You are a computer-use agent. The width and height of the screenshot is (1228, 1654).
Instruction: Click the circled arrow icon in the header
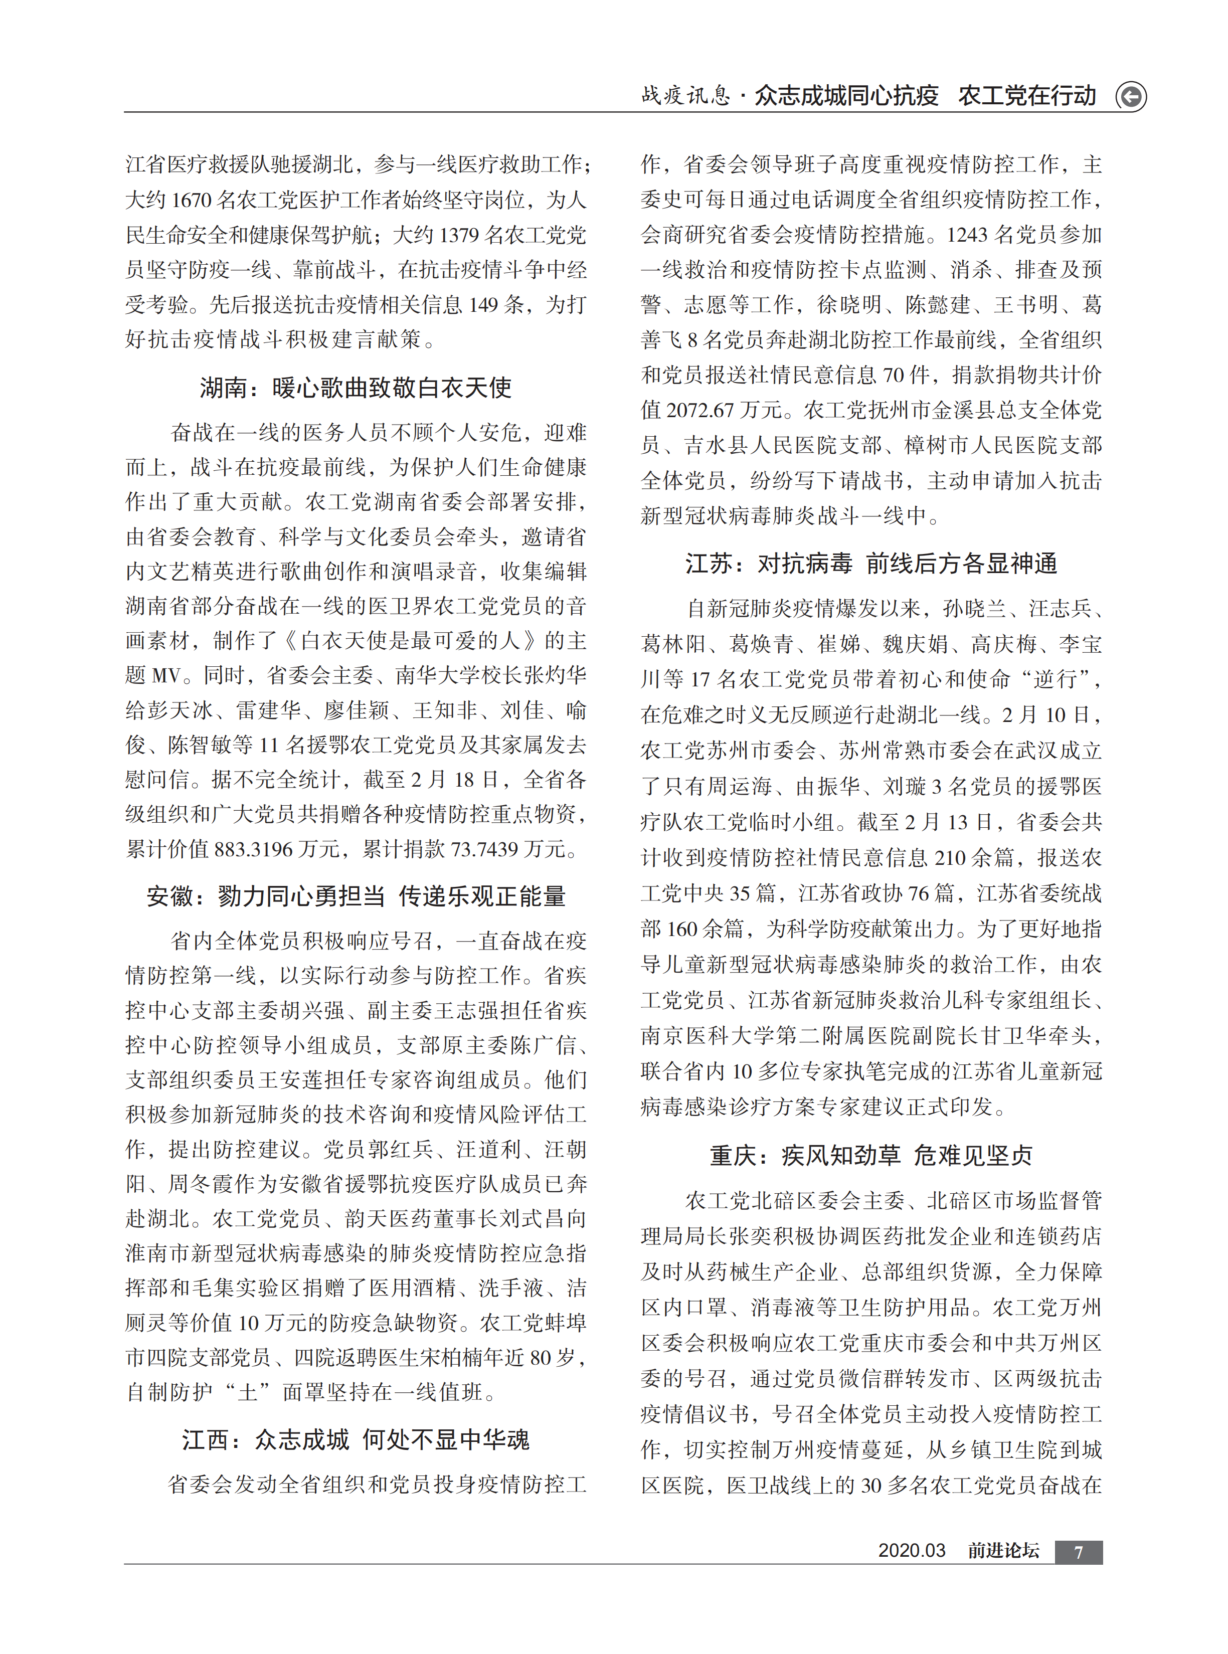coord(1131,97)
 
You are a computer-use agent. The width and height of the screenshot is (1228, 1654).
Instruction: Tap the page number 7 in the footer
coord(1078,1551)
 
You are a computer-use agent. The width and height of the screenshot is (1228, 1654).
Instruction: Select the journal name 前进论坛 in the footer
coord(1003,1551)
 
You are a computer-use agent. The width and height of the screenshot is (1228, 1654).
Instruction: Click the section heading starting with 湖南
coord(356,387)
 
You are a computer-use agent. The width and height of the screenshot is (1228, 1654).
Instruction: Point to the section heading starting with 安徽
coord(356,896)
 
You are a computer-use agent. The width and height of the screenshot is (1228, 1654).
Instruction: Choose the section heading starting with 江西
coord(356,1439)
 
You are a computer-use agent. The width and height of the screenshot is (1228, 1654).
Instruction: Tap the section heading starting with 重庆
coord(870,1156)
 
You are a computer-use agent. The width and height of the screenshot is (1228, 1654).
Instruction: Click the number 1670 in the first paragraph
coord(191,200)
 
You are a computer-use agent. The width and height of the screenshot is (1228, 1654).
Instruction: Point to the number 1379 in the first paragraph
coord(459,235)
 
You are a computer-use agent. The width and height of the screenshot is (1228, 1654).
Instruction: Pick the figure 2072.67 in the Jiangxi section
coord(700,410)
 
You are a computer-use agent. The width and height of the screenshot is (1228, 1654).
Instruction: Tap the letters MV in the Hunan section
coord(166,675)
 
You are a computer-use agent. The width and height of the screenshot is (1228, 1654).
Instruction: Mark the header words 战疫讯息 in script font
coord(685,96)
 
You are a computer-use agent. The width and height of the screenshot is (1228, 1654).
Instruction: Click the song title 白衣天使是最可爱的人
coord(410,641)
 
